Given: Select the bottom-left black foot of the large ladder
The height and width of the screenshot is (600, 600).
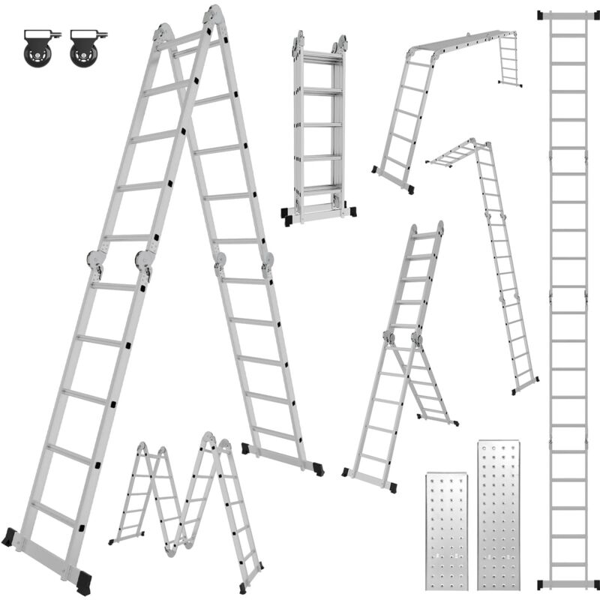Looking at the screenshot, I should point(9,537).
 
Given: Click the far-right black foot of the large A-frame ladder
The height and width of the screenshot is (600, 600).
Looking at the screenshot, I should point(319,467).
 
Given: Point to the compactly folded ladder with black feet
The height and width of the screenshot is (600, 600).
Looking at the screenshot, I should point(319,127).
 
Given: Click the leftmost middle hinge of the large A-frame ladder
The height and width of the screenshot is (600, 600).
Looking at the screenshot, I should point(95,261).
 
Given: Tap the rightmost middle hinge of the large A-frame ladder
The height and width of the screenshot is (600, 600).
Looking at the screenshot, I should point(267,262).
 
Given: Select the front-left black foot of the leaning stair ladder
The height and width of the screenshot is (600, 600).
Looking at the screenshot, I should point(346,472).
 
